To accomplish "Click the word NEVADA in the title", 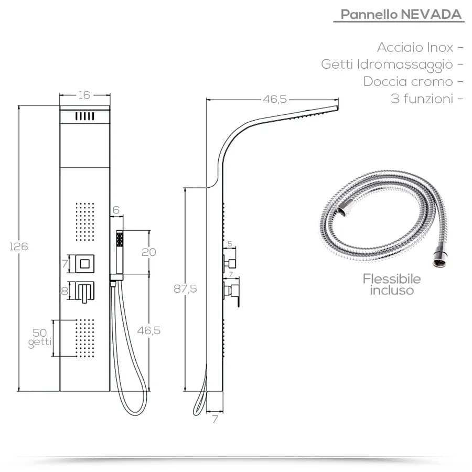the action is (x=431, y=14).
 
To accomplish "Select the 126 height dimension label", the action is (x=19, y=246).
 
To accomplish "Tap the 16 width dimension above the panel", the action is (x=84, y=95).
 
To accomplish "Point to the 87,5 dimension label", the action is (x=185, y=288).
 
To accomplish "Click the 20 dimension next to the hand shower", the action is (x=149, y=252).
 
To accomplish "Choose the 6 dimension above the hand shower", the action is (x=116, y=210).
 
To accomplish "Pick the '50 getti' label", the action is (x=40, y=338).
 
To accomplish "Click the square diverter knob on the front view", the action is (x=84, y=264).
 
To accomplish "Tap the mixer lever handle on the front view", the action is (x=84, y=292).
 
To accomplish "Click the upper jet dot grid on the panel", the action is (x=85, y=222).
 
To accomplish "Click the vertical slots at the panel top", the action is (x=84, y=116).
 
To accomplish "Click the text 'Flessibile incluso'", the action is (x=392, y=284).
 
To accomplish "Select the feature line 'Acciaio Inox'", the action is (x=415, y=47).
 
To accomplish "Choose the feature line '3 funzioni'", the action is (x=422, y=99).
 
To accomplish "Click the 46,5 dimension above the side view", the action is (x=275, y=99).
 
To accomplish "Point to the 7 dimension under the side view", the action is (x=215, y=420).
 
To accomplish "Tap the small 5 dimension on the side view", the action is (x=230, y=244).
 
